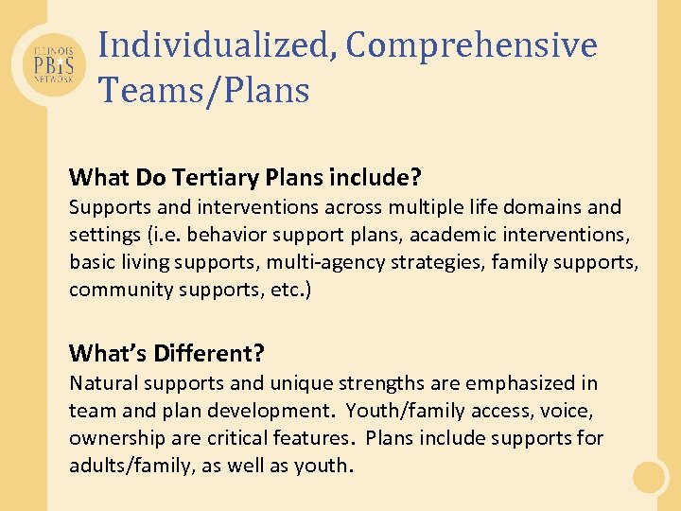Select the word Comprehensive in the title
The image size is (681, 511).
[x=471, y=44]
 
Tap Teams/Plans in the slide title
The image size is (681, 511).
[x=203, y=90]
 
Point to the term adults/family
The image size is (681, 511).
[x=122, y=466]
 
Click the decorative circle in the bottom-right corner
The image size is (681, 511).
[x=650, y=477]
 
